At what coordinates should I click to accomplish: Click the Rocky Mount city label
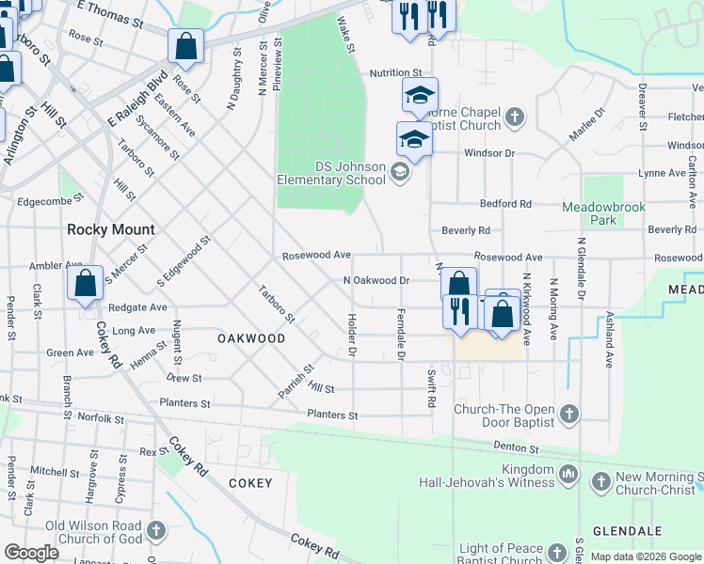tap(110, 229)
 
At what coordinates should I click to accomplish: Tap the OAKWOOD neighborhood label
tap(251, 337)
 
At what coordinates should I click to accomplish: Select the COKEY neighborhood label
tap(250, 483)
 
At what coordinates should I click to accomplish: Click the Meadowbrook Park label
tap(601, 212)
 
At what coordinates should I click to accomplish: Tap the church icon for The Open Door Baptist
tap(568, 414)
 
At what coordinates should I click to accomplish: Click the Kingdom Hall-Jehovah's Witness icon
tap(568, 477)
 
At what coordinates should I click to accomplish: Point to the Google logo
tap(31, 553)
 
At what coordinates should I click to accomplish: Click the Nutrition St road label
tap(395, 72)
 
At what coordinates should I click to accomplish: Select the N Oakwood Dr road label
tap(376, 280)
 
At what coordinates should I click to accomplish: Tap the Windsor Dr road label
tap(488, 152)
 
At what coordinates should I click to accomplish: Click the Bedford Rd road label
tap(505, 203)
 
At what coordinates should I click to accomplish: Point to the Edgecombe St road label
tap(51, 199)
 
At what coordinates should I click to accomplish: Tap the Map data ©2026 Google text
tap(645, 556)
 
